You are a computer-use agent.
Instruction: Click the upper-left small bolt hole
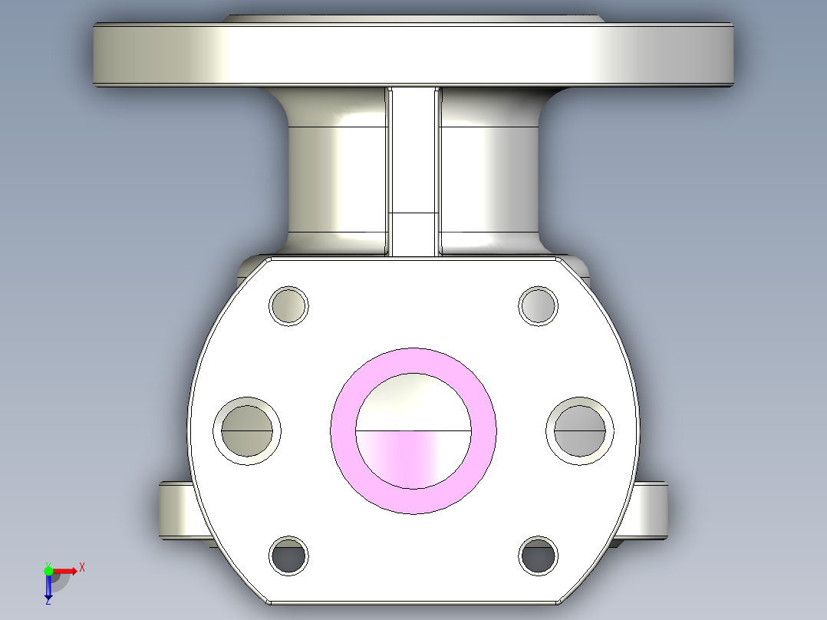coord(288,305)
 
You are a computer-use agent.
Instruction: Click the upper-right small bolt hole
coord(538,305)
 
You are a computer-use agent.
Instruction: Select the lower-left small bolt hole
coord(288,556)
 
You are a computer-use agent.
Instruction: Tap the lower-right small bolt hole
coord(538,556)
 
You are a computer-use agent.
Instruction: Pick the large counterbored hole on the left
coord(247,430)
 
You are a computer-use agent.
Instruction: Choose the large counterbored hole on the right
coord(580,430)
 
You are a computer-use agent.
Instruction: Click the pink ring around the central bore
coord(344,430)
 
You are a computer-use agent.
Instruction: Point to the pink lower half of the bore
coord(413,458)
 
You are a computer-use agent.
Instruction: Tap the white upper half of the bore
coord(413,402)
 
